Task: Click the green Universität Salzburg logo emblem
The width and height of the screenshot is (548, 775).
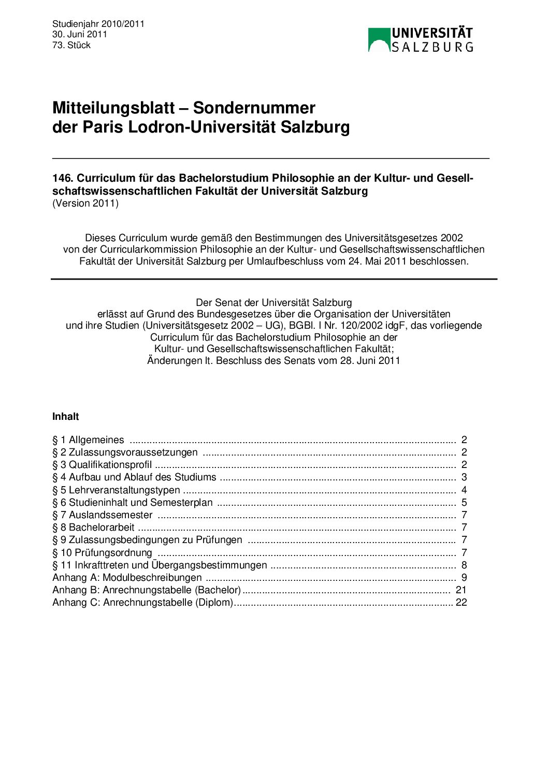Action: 379,40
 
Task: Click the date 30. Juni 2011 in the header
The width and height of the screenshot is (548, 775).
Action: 80,34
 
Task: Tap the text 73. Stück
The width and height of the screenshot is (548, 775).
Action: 71,45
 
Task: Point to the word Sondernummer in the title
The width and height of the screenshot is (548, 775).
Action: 254,108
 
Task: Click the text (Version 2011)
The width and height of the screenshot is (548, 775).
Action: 85,203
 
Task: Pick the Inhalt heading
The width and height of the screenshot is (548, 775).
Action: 66,416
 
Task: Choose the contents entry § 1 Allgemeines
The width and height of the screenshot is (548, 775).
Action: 89,440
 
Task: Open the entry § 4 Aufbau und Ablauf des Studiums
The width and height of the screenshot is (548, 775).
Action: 134,477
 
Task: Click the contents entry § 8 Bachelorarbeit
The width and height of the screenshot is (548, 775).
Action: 94,527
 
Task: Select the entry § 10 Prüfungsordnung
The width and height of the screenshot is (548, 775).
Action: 103,552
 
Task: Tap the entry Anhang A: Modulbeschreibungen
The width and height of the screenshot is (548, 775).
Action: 127,577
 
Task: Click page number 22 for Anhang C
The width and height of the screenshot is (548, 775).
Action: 461,602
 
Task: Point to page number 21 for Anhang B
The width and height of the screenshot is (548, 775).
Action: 461,590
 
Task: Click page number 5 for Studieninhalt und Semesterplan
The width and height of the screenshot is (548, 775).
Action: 464,502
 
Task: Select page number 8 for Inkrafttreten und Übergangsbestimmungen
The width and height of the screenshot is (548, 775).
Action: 464,565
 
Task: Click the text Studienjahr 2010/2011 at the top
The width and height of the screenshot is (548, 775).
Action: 98,24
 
